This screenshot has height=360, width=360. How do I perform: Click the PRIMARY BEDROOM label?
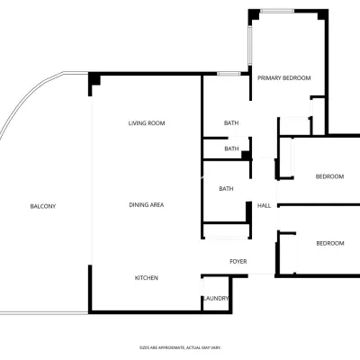(x=284, y=78)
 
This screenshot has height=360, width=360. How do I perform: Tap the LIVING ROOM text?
(x=147, y=123)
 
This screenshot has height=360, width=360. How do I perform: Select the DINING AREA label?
(x=147, y=205)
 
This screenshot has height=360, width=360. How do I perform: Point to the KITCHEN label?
(x=147, y=278)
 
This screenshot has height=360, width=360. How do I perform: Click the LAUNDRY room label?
(x=216, y=299)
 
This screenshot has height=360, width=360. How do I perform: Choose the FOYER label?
(x=238, y=262)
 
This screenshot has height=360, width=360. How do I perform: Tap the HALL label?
(x=264, y=206)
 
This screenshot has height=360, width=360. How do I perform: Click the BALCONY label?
(x=43, y=206)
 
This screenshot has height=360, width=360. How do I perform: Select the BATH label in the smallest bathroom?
(x=231, y=148)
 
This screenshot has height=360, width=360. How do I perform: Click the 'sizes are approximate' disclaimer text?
(x=180, y=347)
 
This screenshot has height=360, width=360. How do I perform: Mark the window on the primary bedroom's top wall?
(x=277, y=11)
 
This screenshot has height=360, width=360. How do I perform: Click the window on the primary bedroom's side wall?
(x=249, y=45)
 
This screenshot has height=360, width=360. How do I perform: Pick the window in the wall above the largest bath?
(x=229, y=74)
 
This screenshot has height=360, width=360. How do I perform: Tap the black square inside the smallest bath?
(x=246, y=156)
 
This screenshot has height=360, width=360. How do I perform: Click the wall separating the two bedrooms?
(x=319, y=205)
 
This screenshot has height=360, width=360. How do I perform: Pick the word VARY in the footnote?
(x=217, y=347)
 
